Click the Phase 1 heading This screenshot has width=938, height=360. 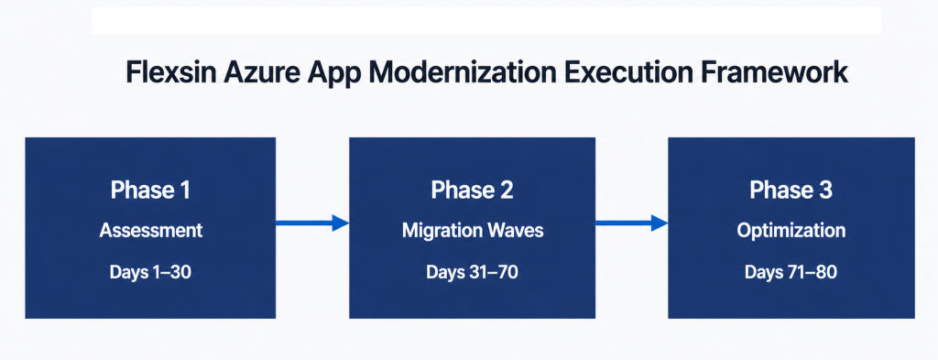tap(150, 191)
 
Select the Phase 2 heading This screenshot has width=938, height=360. tap(472, 191)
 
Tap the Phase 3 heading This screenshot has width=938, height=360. tap(791, 191)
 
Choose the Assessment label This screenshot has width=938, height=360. tap(150, 232)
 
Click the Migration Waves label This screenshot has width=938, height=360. tap(472, 232)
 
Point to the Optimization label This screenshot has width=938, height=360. tap(791, 232)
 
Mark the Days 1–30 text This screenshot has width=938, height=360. tap(150, 272)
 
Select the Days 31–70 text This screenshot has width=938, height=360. tap(472, 272)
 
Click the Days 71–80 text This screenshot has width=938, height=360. tap(791, 272)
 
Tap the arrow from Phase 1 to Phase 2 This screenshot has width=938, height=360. tap(312, 223)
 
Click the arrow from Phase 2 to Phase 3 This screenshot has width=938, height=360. tap(631, 223)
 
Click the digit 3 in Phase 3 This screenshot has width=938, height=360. tap(824, 191)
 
